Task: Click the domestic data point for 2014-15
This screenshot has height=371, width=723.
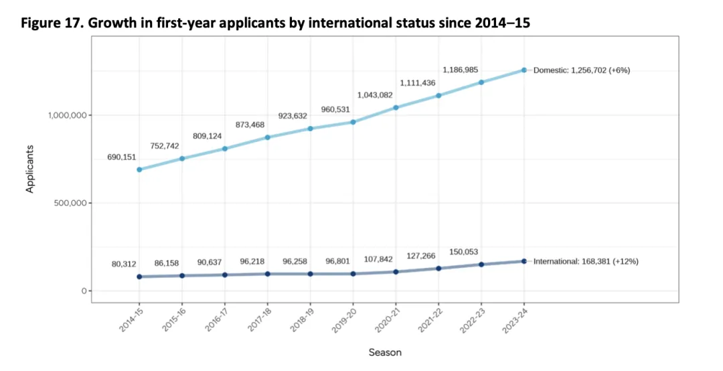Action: [x=139, y=169]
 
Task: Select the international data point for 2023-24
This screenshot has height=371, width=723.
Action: [x=524, y=261]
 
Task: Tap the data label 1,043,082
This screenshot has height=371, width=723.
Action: [x=375, y=95]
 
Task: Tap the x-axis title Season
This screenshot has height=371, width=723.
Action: [x=385, y=352]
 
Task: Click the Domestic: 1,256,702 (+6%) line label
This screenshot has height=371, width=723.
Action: [x=582, y=70]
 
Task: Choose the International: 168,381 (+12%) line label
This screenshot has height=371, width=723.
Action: [x=586, y=261]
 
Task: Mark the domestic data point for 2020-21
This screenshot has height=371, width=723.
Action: [x=396, y=107]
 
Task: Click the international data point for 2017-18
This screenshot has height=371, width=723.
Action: [x=268, y=274]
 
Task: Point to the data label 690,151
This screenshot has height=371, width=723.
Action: [x=121, y=157]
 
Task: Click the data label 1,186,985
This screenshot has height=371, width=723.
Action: [x=461, y=70]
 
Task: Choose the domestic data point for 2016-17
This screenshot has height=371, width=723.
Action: [x=225, y=149]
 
